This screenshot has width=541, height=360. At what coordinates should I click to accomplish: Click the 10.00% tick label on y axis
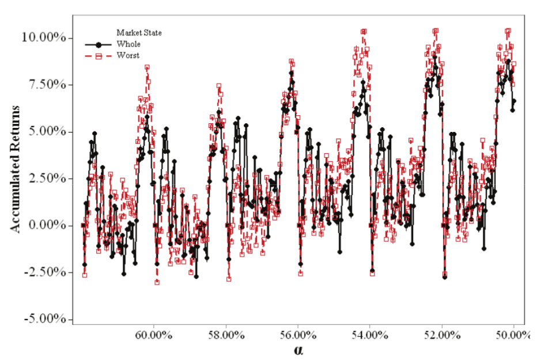[x=47, y=38]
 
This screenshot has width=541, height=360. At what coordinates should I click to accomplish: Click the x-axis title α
[x=299, y=350]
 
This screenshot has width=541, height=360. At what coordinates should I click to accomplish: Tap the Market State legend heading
[x=139, y=33]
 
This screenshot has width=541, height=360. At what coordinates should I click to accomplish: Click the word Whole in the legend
[x=128, y=44]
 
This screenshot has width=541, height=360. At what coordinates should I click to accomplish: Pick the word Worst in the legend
[x=127, y=55]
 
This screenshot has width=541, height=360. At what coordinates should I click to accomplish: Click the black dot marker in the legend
[x=99, y=44]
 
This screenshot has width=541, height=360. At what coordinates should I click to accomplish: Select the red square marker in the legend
[x=99, y=56]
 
